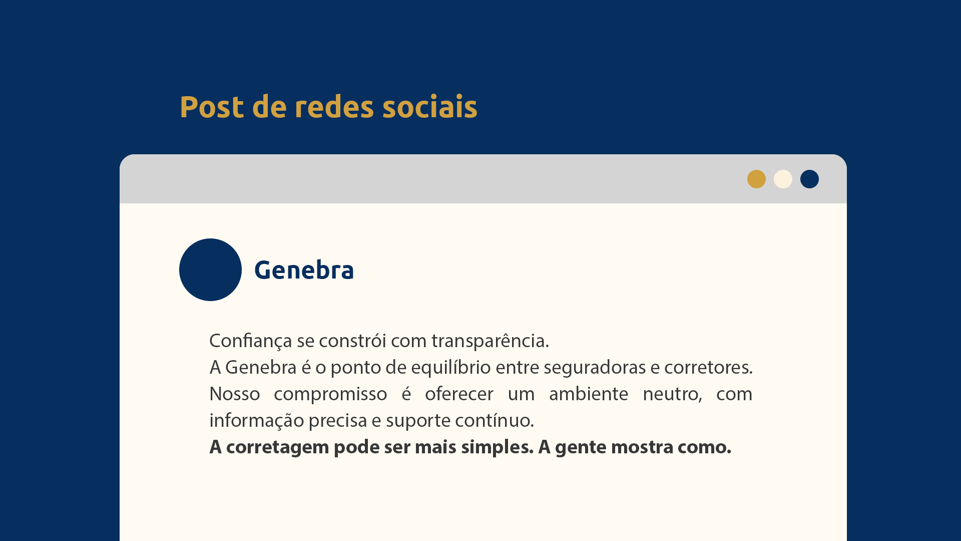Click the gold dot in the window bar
[756, 179]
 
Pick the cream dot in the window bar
[783, 179]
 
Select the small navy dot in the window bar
[809, 179]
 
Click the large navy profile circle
[210, 269]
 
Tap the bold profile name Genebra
[304, 270]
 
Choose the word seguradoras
[595, 368]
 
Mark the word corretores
[708, 368]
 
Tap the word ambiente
[589, 394]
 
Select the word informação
[257, 421]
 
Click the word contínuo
[495, 420]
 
